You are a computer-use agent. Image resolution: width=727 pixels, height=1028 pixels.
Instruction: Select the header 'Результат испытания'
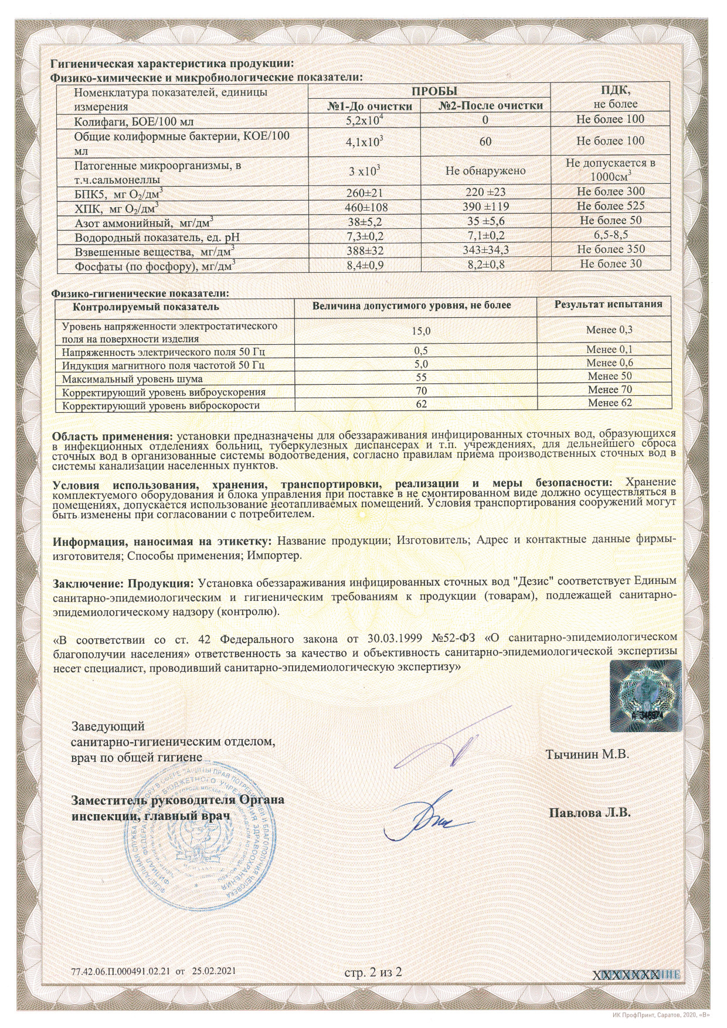pyautogui.click(x=608, y=304)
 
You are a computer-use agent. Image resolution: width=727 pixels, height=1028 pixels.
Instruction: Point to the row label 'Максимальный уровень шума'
pyautogui.click(x=133, y=379)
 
